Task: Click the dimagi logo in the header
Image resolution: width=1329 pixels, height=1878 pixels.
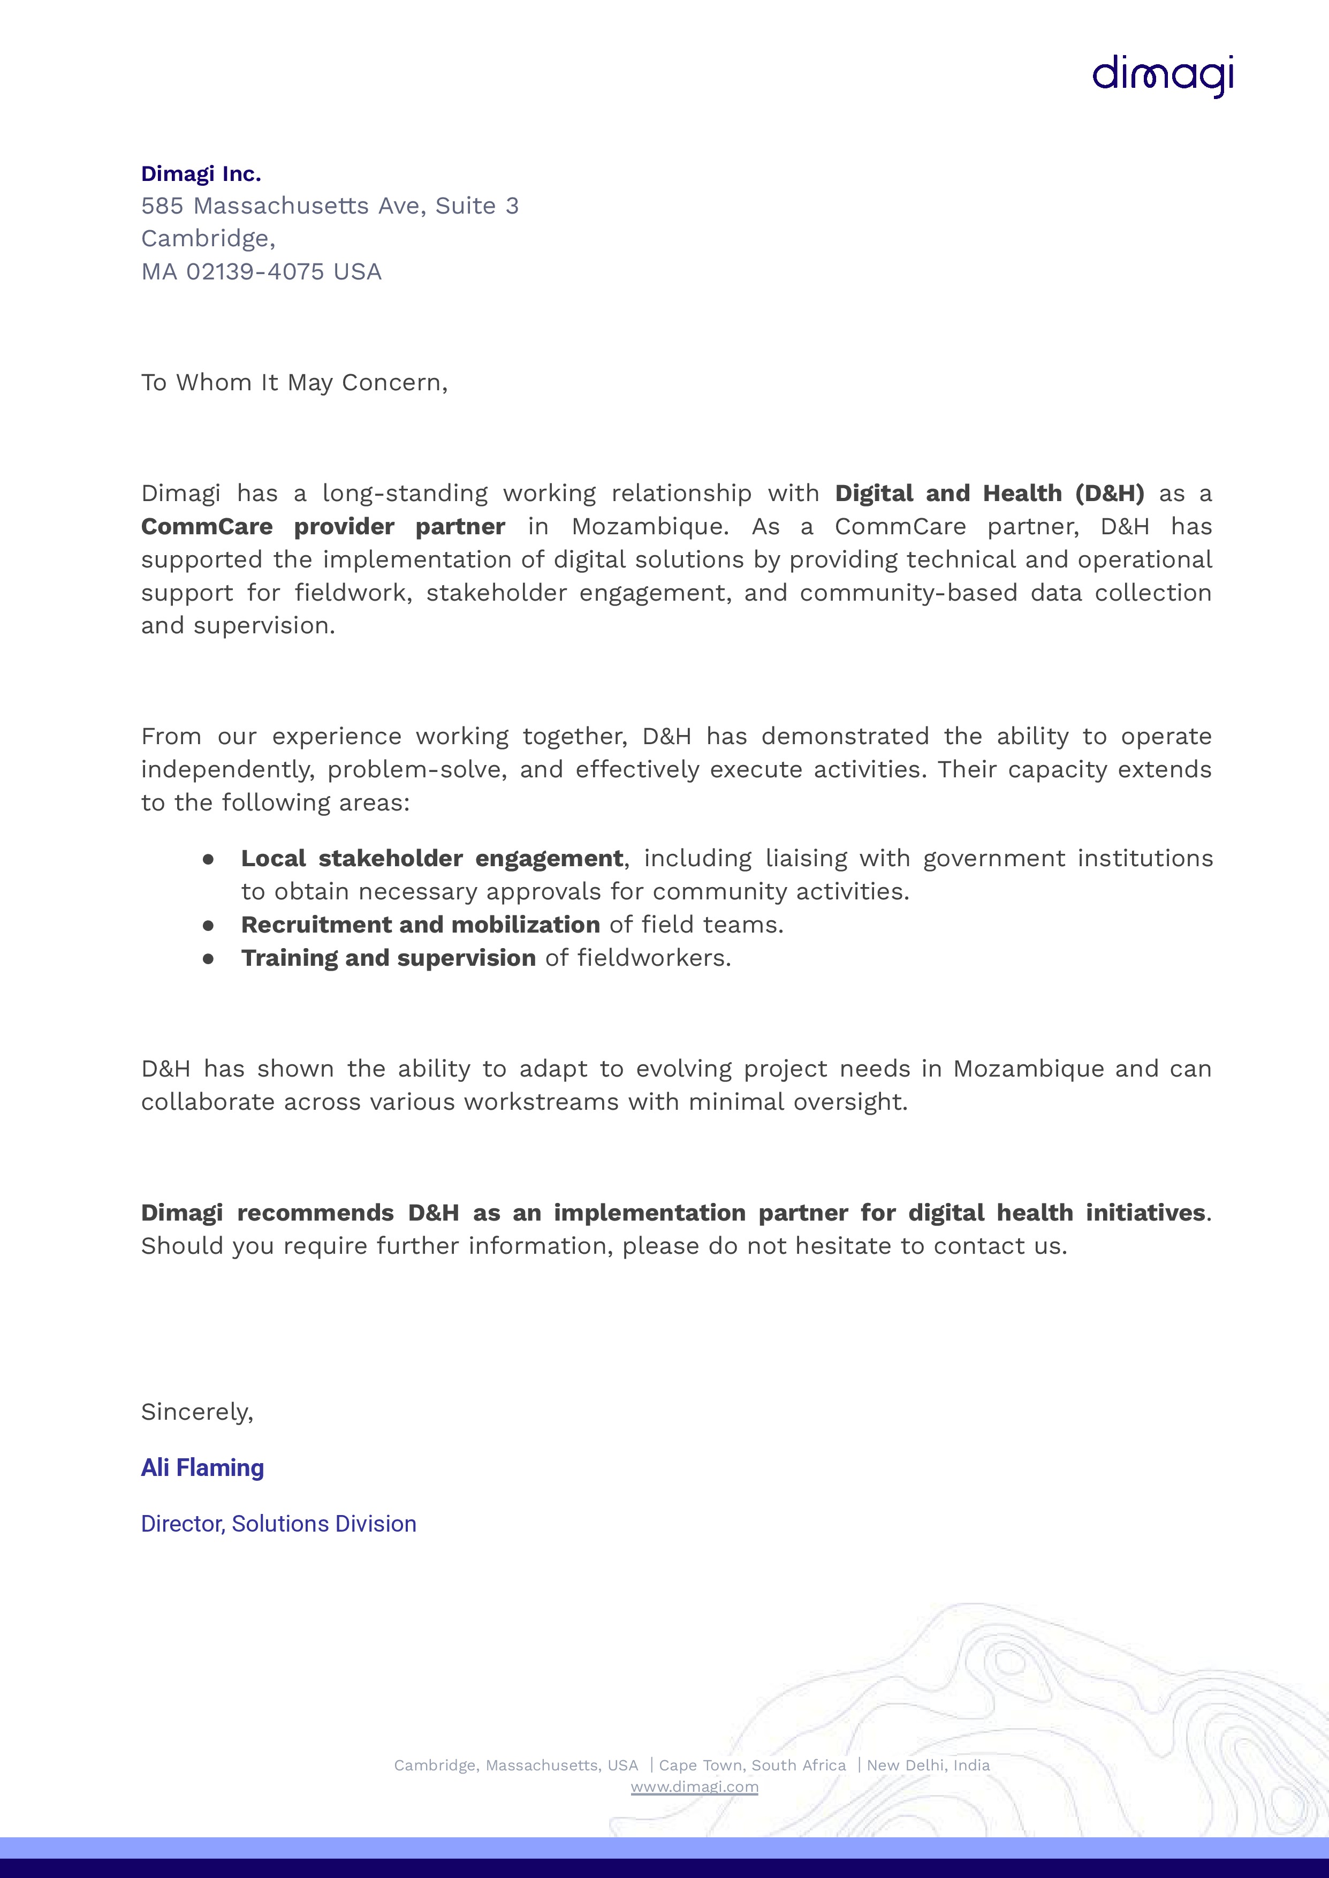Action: [1163, 76]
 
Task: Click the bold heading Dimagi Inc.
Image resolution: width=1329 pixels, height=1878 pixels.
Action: [201, 173]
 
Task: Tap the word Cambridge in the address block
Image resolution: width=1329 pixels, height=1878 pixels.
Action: [206, 238]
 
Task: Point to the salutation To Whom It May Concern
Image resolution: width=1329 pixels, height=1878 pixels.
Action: [294, 382]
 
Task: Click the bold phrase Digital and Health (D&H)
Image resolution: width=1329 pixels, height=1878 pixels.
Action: [989, 494]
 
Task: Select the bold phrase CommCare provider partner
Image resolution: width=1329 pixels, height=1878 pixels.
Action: [322, 526]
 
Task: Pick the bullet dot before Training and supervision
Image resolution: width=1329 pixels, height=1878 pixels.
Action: [209, 958]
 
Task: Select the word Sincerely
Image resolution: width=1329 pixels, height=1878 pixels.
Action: [196, 1412]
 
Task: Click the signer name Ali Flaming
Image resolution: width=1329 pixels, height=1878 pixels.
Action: [202, 1468]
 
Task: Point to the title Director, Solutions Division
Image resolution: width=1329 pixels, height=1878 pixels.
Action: [278, 1524]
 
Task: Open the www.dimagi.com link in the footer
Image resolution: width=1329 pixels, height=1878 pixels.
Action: [694, 1787]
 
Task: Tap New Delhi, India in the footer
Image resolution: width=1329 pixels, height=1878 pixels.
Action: [928, 1765]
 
